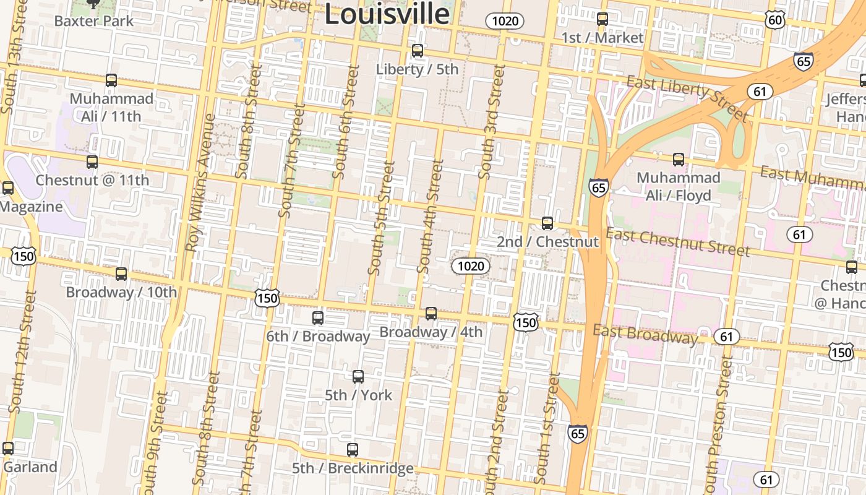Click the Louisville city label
click(x=387, y=14)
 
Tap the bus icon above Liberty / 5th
click(x=418, y=51)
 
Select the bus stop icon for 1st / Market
click(x=602, y=19)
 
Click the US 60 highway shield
click(x=775, y=20)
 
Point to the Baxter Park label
click(x=93, y=20)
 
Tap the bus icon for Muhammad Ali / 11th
click(x=111, y=80)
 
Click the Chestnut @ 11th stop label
click(x=92, y=180)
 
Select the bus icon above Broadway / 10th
click(x=121, y=274)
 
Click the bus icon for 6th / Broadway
click(x=318, y=318)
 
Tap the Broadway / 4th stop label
click(x=431, y=332)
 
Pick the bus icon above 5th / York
click(x=358, y=377)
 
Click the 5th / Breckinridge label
click(x=353, y=468)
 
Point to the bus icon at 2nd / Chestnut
click(x=547, y=223)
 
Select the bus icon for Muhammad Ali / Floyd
click(x=679, y=160)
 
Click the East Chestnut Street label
click(x=678, y=241)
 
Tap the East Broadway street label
click(x=645, y=334)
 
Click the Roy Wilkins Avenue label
click(x=200, y=183)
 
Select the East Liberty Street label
click(x=687, y=97)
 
